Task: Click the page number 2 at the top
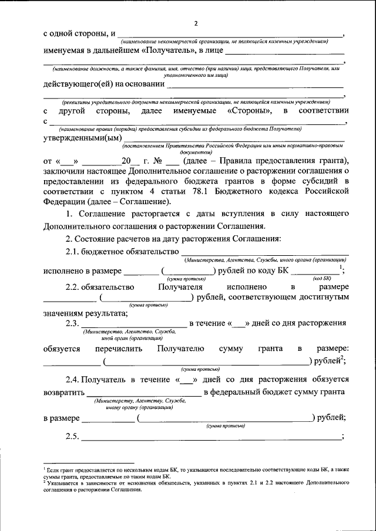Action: tap(197, 23)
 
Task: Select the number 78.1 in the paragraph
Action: tap(205, 191)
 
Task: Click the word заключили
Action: tap(65, 171)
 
